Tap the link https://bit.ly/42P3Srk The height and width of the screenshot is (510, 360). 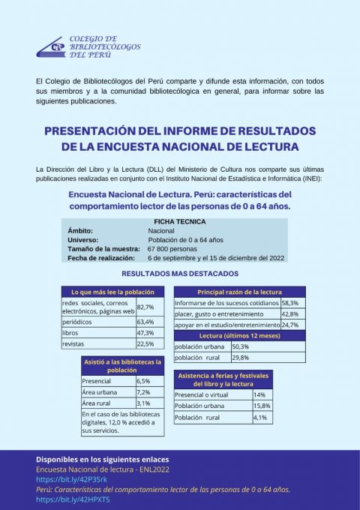click(x=61, y=478)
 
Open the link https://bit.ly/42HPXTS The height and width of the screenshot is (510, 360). click(x=62, y=499)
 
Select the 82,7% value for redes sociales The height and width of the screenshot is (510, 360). click(x=145, y=307)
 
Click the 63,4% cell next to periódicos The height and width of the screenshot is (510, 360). click(x=145, y=322)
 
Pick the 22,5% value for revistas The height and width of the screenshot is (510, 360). click(x=145, y=343)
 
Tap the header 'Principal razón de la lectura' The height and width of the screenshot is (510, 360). click(x=239, y=291)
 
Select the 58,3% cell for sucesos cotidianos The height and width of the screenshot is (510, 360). click(x=290, y=303)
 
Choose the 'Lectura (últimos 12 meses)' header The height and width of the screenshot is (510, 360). click(x=239, y=336)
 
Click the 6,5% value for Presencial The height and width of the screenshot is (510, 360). click(x=143, y=381)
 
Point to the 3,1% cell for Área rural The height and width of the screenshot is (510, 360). click(x=143, y=403)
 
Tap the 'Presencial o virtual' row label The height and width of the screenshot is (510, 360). click(x=204, y=394)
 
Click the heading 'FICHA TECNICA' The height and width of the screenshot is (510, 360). click(x=179, y=221)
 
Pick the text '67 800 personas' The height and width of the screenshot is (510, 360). click(x=172, y=248)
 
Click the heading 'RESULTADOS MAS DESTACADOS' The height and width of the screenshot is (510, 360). click(x=180, y=274)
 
